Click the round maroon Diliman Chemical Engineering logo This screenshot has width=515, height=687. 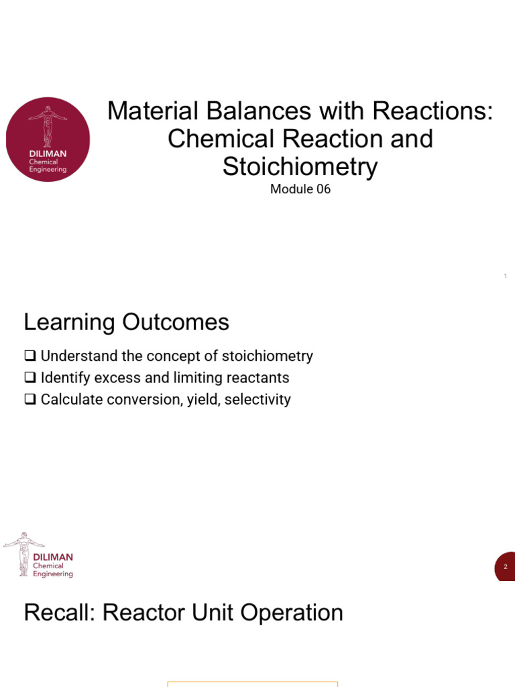[48, 139]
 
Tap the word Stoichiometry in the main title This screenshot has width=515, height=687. [300, 166]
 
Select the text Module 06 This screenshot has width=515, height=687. [300, 189]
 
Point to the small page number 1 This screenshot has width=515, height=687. [505, 276]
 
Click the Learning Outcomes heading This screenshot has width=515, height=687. [126, 323]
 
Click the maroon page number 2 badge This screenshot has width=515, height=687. [506, 567]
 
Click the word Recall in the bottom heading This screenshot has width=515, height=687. [58, 613]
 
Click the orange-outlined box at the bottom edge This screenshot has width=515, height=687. [252, 684]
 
